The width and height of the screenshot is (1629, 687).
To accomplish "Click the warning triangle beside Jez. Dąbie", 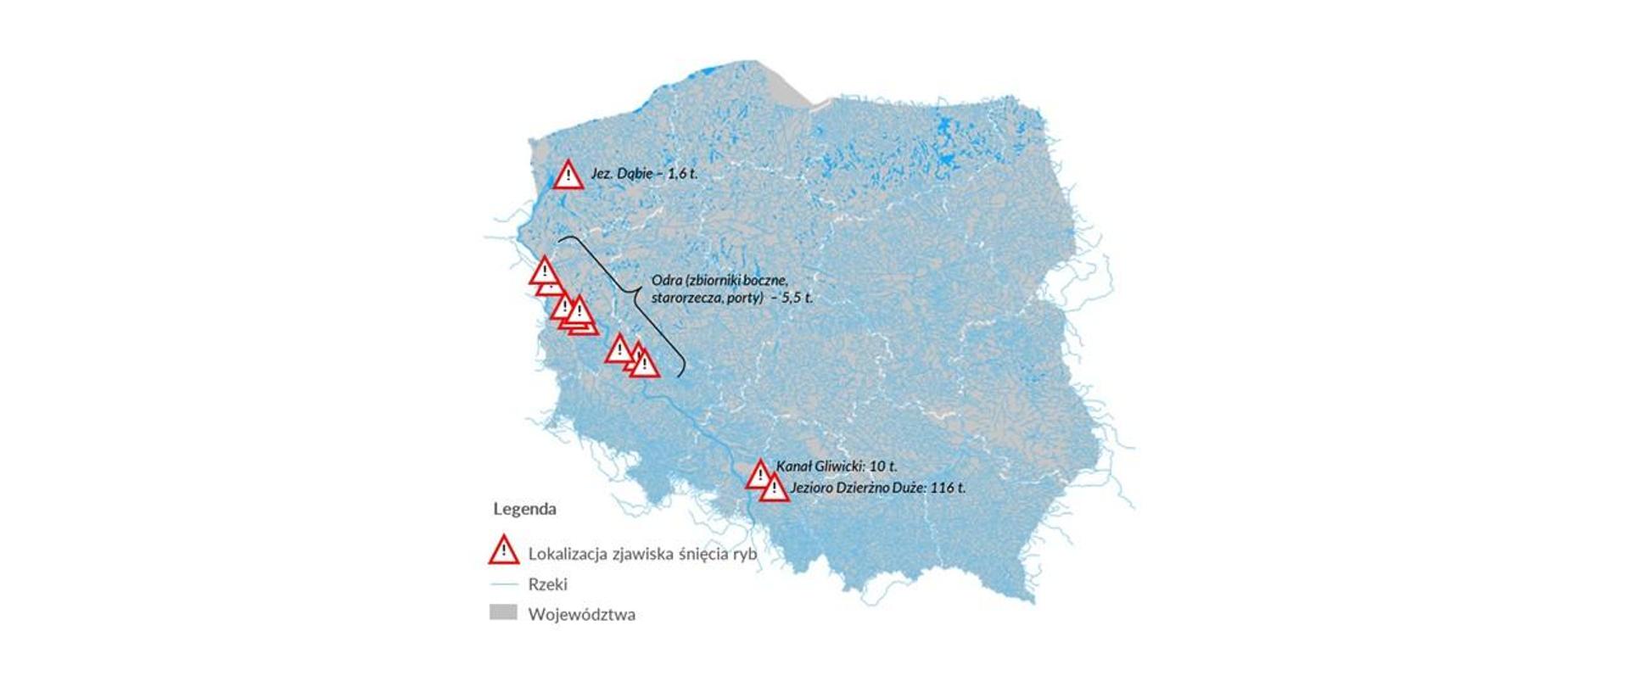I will tap(568, 176).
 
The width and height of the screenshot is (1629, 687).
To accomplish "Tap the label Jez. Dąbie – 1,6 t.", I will tap(644, 174).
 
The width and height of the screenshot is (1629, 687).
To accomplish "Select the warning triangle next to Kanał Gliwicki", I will tap(759, 475).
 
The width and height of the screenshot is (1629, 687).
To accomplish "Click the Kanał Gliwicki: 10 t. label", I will tap(837, 466).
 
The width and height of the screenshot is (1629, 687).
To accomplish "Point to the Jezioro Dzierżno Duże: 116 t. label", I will tap(877, 488).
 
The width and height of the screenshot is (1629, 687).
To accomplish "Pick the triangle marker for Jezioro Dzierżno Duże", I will tap(774, 489).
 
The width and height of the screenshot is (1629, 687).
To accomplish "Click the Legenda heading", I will tap(525, 509).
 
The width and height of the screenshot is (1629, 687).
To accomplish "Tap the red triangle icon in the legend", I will tap(504, 551).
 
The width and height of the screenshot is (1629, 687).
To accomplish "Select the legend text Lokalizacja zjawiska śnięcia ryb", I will tap(641, 554).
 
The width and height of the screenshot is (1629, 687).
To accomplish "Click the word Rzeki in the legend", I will tap(547, 584).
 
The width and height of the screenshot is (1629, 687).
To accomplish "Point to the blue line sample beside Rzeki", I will tap(504, 584).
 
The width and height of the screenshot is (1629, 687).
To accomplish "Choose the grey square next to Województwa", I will tap(503, 612).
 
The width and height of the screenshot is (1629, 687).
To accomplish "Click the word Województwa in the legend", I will tap(581, 614).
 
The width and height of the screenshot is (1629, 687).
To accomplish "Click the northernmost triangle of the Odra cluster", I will tap(544, 271).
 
